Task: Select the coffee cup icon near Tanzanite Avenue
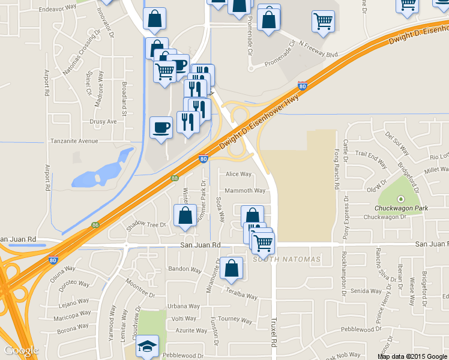pos(160,128)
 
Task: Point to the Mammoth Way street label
pos(245,191)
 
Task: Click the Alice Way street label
pos(238,174)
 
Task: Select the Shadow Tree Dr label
pos(145,225)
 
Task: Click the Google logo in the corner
pos(21,350)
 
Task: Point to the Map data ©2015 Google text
pos(412,356)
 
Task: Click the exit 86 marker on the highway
pos(95,225)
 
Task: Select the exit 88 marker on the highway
pos(174,178)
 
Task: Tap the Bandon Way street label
pos(184,268)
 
